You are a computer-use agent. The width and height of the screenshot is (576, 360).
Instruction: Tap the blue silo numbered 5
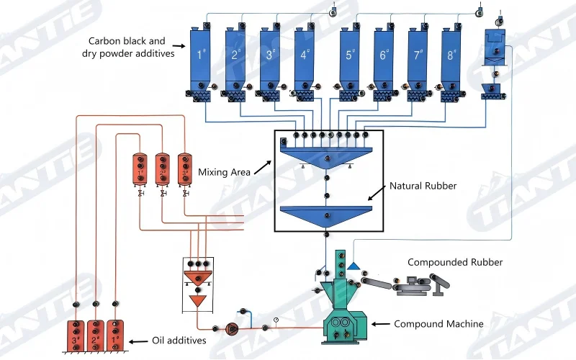351,57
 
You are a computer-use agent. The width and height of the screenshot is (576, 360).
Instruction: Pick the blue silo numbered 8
451,57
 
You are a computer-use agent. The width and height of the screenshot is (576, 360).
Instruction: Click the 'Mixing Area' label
225,172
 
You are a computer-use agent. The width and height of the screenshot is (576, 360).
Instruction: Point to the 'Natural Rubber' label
423,186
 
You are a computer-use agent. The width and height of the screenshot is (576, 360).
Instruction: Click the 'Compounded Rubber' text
455,263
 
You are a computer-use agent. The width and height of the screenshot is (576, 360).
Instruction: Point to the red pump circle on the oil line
232,328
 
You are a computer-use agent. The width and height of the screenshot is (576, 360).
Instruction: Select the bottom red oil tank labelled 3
76,336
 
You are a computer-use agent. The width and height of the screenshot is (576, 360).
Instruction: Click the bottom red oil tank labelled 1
114,336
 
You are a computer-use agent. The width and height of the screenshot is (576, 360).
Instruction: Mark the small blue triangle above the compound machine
354,266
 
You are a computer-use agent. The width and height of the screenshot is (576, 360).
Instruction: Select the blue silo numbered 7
418,57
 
